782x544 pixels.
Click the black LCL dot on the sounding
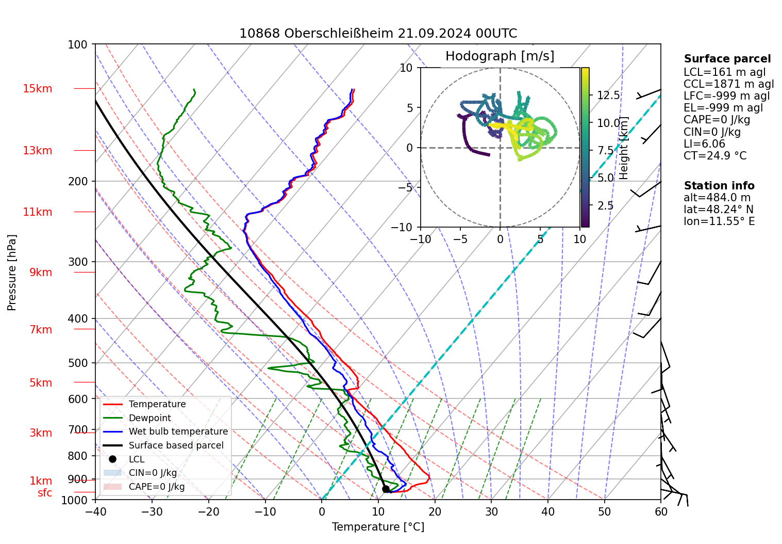(386, 489)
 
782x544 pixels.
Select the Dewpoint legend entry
(149, 418)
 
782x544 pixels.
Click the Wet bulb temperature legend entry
(178, 431)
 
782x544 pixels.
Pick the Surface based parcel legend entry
(176, 445)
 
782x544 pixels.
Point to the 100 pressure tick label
(78, 45)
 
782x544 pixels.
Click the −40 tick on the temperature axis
(95, 512)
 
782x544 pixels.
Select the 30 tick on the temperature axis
(491, 512)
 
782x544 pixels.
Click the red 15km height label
(37, 89)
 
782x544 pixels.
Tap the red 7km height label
(41, 330)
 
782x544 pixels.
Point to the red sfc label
(45, 493)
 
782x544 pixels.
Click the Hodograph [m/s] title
(500, 56)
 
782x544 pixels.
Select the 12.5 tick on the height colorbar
(608, 95)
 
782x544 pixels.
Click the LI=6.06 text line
(704, 144)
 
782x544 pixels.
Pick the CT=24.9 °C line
(714, 156)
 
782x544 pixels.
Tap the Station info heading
(719, 186)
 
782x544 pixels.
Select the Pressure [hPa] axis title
(12, 273)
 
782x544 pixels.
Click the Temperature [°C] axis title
(378, 527)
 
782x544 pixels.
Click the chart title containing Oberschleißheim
(378, 34)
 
